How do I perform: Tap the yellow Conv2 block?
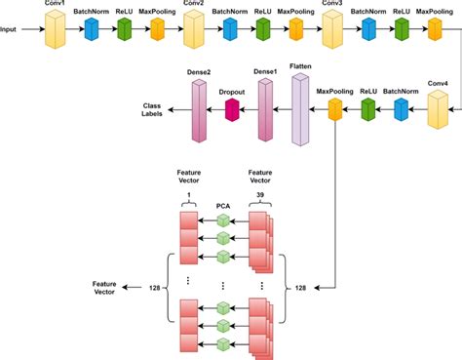(x=193, y=30)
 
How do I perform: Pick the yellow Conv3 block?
(x=332, y=30)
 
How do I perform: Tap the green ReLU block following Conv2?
(x=262, y=30)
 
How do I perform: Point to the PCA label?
(x=222, y=206)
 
